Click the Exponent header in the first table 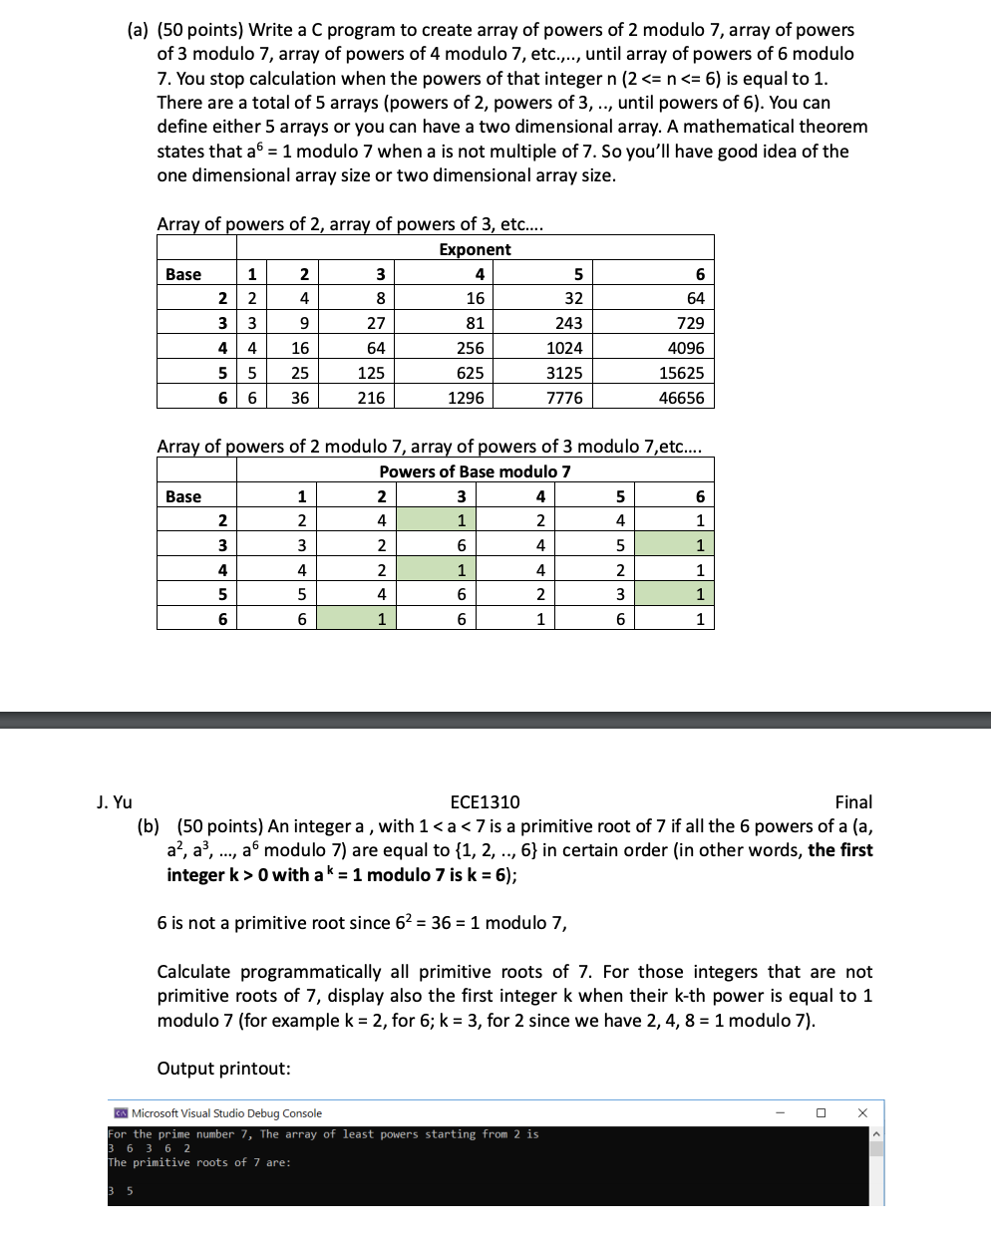click(x=475, y=249)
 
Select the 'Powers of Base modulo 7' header click(x=475, y=471)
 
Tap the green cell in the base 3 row click(x=675, y=545)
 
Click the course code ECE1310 click(x=485, y=802)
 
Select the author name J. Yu click(x=115, y=802)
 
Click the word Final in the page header click(x=853, y=802)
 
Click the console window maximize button click(x=821, y=1113)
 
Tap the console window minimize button click(x=780, y=1113)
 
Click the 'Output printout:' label click(x=223, y=1069)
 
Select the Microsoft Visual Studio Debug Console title click(x=226, y=1113)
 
